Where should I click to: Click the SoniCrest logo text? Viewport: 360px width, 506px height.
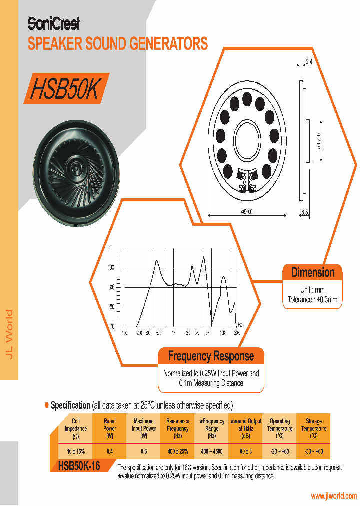click(54, 23)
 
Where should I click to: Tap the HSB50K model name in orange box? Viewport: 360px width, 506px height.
click(66, 88)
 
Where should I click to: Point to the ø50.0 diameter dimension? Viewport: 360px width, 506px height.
click(247, 212)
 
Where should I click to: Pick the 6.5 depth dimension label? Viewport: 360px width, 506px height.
click(305, 212)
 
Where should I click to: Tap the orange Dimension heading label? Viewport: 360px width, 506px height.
click(313, 273)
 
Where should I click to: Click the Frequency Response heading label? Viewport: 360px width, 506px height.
click(211, 356)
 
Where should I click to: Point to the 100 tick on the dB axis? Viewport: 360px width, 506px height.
click(111, 268)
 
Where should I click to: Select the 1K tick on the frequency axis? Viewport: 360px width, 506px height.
click(173, 332)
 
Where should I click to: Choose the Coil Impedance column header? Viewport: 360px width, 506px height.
click(76, 428)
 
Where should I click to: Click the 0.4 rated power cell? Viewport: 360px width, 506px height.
click(110, 451)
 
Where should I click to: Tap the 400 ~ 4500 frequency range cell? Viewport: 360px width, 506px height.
click(212, 451)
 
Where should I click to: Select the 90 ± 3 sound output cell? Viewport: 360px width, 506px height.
click(246, 451)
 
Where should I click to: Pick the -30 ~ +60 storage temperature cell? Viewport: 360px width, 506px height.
click(313, 451)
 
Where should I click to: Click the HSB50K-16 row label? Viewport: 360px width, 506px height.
click(79, 466)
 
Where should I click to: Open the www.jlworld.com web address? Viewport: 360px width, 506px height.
click(334, 496)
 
